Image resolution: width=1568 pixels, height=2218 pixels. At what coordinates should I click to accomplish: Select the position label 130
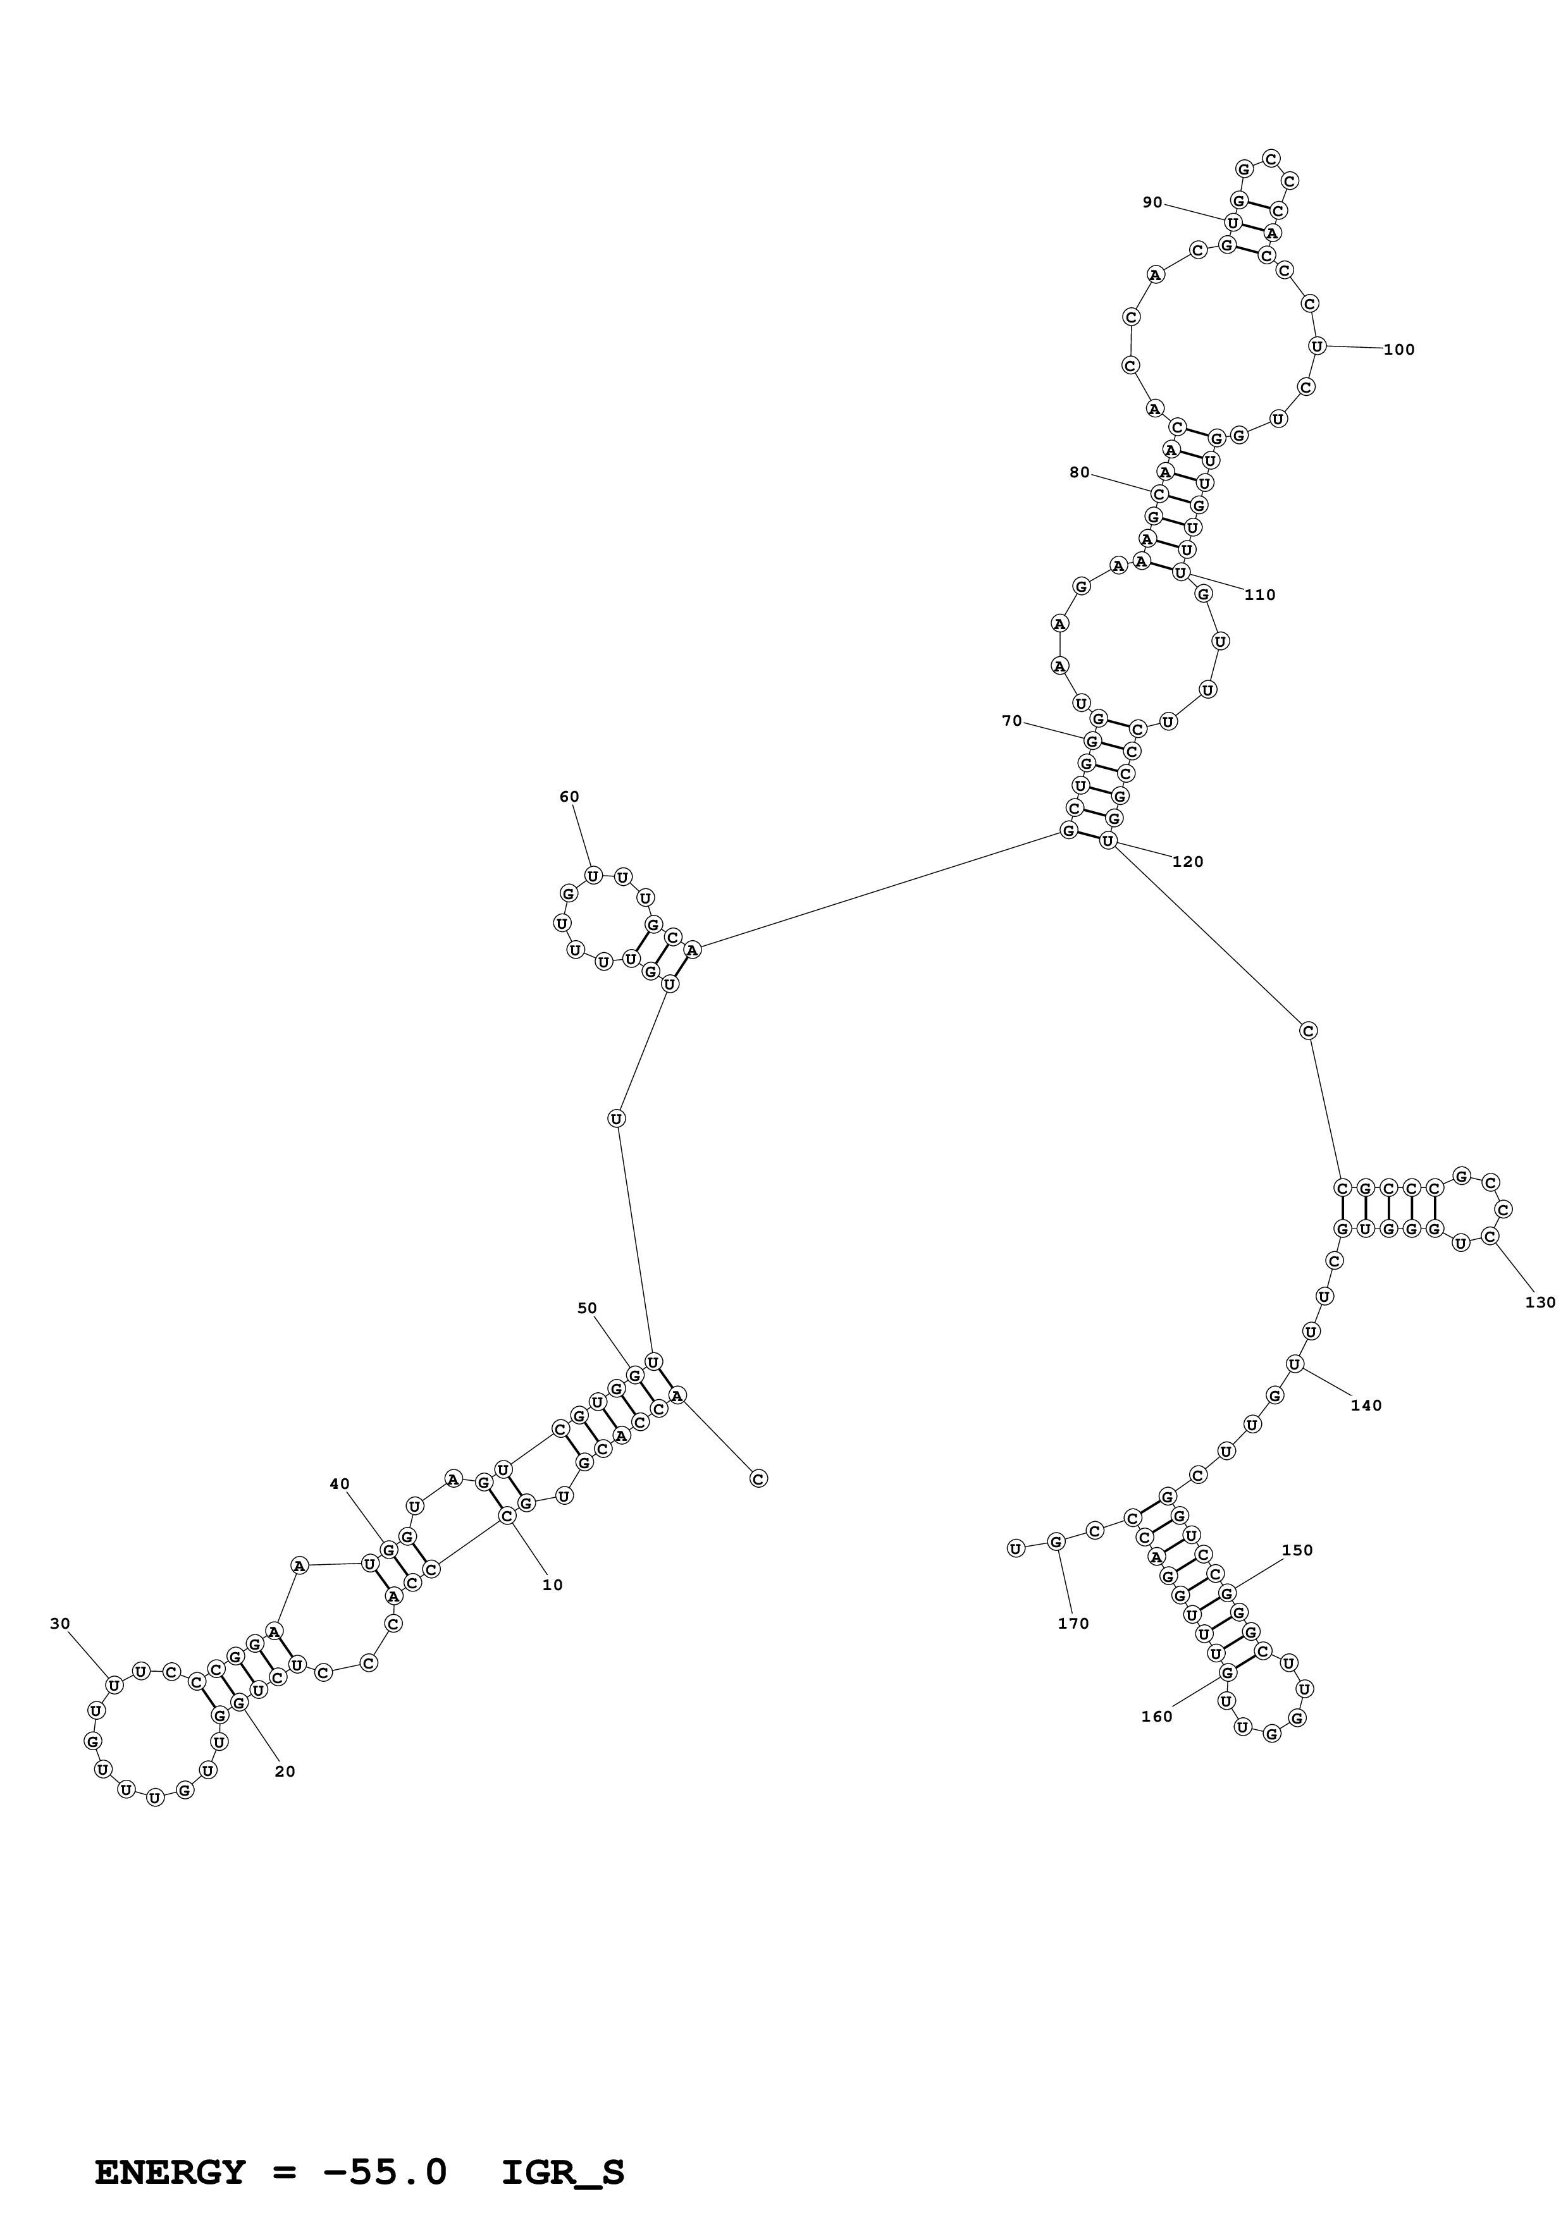pyautogui.click(x=1540, y=1302)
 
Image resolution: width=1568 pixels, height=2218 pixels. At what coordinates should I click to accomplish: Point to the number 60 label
pyautogui.click(x=569, y=797)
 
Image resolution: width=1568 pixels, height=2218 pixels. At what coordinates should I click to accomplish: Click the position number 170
pyautogui.click(x=1073, y=1624)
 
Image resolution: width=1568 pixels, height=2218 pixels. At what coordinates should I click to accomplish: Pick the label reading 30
pyautogui.click(x=60, y=1624)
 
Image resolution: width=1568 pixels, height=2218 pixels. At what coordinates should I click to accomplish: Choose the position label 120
pyautogui.click(x=1187, y=862)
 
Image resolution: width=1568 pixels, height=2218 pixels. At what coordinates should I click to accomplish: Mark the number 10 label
pyautogui.click(x=552, y=1585)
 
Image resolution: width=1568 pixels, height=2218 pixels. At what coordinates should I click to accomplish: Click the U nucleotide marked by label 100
pyautogui.click(x=1316, y=346)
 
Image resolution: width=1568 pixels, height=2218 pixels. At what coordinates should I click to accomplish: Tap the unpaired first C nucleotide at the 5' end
pyautogui.click(x=758, y=1478)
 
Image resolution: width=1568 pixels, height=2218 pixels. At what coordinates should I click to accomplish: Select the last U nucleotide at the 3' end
pyautogui.click(x=1015, y=1548)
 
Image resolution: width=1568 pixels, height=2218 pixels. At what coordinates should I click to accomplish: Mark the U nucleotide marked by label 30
pyautogui.click(x=114, y=1686)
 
